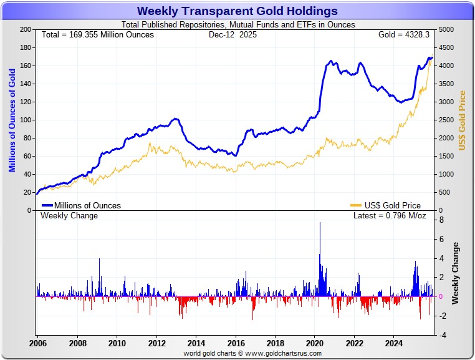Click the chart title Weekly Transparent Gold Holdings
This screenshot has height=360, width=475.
[x=237, y=11]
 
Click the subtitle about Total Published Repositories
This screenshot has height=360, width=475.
[x=237, y=25]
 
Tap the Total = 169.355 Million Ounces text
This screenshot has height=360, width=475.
[x=97, y=35]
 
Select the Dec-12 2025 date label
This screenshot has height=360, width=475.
[x=233, y=35]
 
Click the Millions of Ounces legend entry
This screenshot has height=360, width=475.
[x=87, y=205]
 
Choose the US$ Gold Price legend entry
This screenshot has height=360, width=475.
[x=391, y=205]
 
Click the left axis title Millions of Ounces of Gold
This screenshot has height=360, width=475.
[x=12, y=120]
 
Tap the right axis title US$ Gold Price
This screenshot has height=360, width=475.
[x=462, y=120]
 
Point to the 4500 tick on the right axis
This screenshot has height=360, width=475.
[x=446, y=47]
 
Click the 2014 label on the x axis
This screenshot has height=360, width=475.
[x=196, y=343]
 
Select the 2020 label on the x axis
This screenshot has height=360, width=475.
[x=315, y=343]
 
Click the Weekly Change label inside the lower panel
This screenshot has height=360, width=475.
[x=69, y=216]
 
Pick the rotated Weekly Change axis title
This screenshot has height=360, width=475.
[x=456, y=273]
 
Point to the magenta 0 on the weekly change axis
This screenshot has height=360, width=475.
[x=441, y=296]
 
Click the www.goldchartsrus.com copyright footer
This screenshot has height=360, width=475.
[x=252, y=353]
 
